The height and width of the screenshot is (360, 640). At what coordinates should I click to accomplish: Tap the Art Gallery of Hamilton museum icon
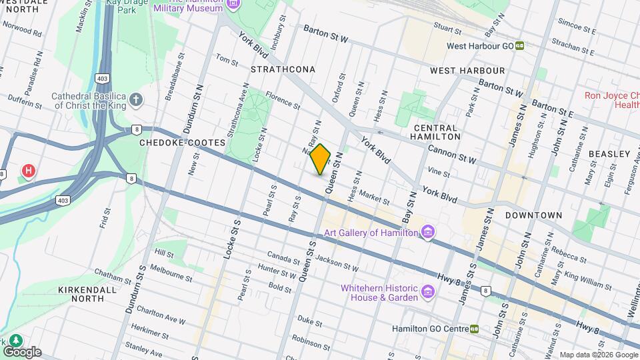pos(428,233)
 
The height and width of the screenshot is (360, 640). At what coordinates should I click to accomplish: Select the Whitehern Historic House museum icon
pos(428,292)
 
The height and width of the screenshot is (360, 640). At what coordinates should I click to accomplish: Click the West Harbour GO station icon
pos(519,46)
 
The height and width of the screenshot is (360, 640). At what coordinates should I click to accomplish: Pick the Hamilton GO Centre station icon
pos(474,329)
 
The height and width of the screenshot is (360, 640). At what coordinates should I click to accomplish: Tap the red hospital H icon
pos(28,171)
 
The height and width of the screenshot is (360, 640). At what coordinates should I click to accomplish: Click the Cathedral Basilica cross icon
pos(136,101)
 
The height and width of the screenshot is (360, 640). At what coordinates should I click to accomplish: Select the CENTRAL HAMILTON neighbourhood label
pos(437,132)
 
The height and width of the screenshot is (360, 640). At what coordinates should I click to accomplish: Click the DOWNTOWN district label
pos(533,215)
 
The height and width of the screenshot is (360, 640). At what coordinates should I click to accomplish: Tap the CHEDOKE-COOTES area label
pos(175,142)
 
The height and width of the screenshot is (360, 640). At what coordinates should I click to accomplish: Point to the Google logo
pos(22,351)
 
